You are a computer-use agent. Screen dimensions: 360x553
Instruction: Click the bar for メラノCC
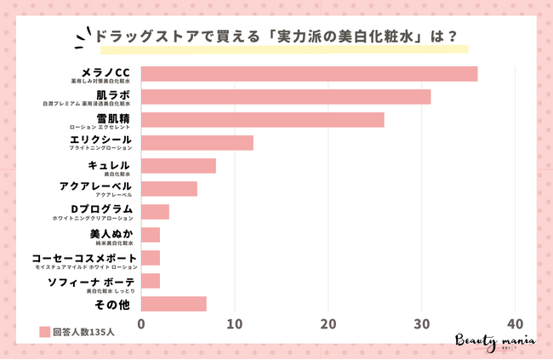click(309, 73)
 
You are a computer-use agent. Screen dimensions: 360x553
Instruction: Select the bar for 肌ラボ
click(286, 96)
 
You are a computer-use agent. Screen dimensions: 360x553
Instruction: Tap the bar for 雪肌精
click(262, 119)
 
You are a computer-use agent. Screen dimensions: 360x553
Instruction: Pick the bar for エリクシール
click(197, 142)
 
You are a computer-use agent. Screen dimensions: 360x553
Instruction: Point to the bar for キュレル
click(178, 165)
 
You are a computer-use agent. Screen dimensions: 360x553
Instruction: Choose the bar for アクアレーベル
click(168, 188)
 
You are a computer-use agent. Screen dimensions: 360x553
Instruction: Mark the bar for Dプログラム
click(155, 211)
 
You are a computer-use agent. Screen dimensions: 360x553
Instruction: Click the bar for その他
click(174, 303)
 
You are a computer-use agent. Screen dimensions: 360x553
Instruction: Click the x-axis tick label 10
click(234, 323)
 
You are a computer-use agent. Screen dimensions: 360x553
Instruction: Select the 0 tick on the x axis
click(141, 323)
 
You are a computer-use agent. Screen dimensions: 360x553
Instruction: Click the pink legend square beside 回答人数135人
click(44, 333)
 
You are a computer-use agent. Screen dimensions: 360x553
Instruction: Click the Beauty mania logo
click(496, 339)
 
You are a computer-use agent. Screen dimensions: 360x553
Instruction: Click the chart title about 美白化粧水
click(276, 37)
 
